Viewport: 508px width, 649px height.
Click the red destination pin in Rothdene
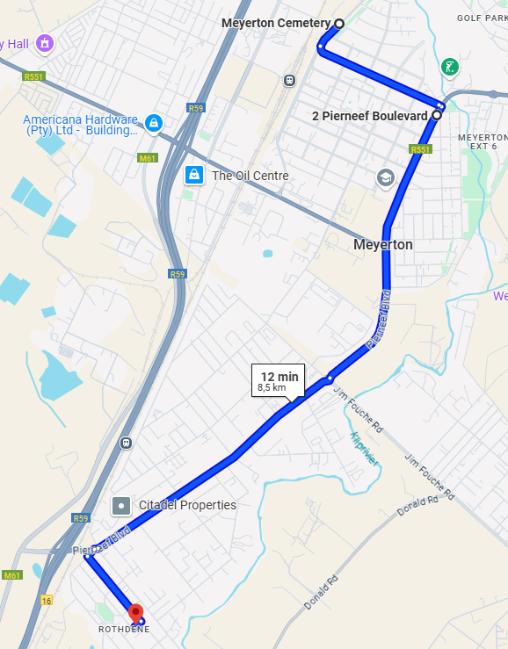pyautogui.click(x=135, y=613)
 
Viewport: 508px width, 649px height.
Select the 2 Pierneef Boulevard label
pyautogui.click(x=370, y=116)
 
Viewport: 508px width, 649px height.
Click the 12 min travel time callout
pyautogui.click(x=279, y=380)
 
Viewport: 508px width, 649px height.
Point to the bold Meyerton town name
pyautogui.click(x=382, y=244)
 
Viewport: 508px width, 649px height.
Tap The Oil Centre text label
pyautogui.click(x=250, y=176)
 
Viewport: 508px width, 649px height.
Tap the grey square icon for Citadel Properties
pyautogui.click(x=121, y=506)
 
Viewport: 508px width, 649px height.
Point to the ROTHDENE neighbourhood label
pyautogui.click(x=124, y=629)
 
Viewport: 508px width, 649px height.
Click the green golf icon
pyautogui.click(x=449, y=67)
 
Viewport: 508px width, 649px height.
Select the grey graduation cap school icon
pyautogui.click(x=385, y=177)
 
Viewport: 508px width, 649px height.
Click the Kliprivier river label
pyautogui.click(x=363, y=447)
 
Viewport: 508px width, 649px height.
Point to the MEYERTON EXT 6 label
pyautogui.click(x=483, y=141)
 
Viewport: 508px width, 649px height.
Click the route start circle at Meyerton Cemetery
pyautogui.click(x=338, y=24)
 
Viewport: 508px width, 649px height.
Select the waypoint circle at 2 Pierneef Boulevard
pyautogui.click(x=436, y=115)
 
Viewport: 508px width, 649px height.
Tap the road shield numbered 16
pyautogui.click(x=46, y=600)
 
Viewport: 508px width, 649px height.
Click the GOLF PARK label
pyautogui.click(x=481, y=18)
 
